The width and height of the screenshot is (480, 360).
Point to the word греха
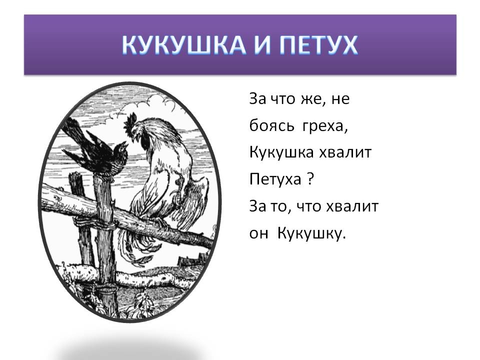point(324,126)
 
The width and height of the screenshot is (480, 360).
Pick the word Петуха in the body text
point(274,180)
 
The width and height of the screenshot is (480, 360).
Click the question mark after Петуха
point(309,179)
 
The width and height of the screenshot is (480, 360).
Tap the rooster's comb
point(131,120)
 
